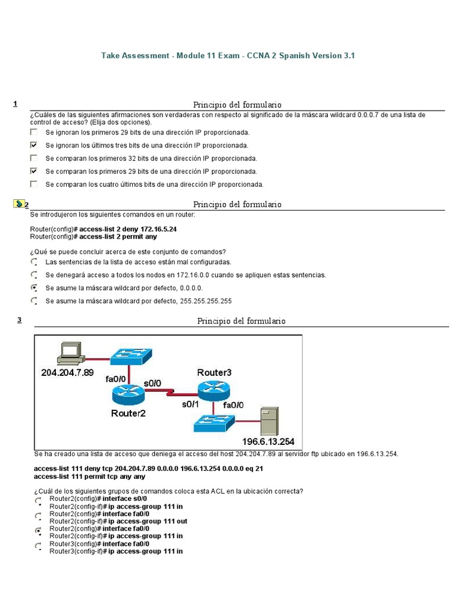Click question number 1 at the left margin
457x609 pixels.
(15, 104)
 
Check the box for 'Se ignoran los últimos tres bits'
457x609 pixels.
(34, 145)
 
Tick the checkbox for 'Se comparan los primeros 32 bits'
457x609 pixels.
(34, 158)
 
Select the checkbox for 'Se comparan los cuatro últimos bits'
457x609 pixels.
(34, 184)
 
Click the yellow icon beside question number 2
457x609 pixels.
(18, 204)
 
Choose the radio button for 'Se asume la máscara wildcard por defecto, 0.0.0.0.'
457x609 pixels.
(35, 288)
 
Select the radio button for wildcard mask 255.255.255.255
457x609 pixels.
(35, 301)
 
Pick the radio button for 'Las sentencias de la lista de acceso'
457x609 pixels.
(35, 262)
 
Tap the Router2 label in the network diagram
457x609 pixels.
(128, 413)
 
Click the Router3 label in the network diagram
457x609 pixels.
(214, 373)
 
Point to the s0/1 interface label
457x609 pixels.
(192, 404)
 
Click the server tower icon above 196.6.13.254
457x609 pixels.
(270, 421)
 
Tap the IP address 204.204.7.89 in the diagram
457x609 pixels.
(68, 373)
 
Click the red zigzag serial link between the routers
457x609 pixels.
(171, 393)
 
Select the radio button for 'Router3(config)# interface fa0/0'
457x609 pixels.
(39, 546)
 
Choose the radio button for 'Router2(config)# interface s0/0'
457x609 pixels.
(39, 501)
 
